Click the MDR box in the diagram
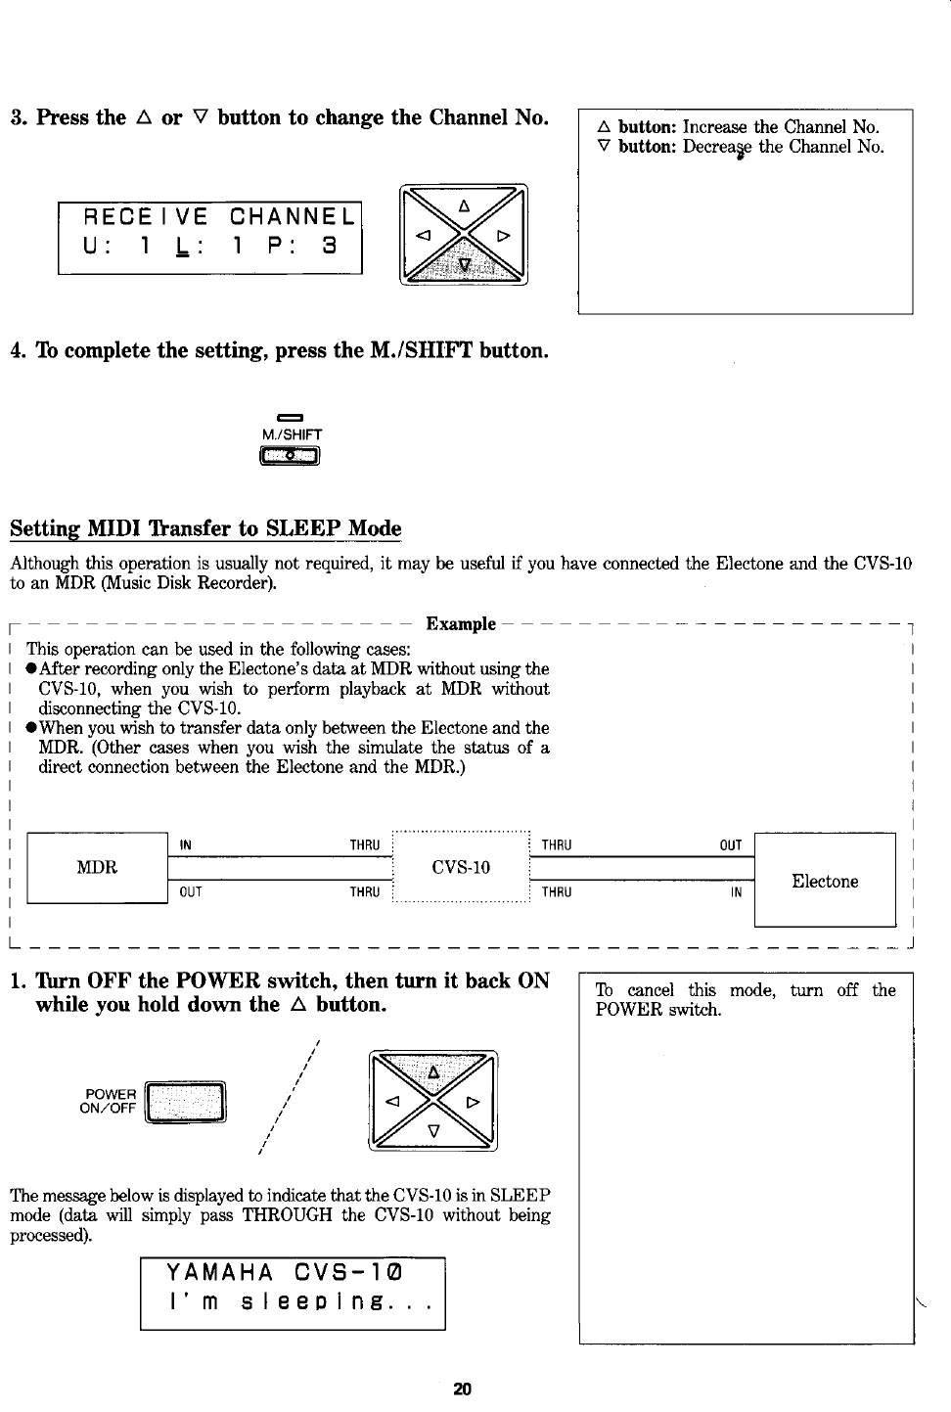point(97,867)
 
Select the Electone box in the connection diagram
point(825,881)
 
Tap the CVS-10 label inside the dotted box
point(460,867)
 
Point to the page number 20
point(463,1389)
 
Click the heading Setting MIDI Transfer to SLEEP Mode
point(205,528)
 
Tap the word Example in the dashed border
point(462,624)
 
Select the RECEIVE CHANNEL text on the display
point(209,215)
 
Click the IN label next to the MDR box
point(186,844)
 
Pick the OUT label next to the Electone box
point(730,844)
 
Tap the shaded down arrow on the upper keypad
point(465,265)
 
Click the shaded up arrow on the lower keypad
point(432,1071)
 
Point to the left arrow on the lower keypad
point(393,1101)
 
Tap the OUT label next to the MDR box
point(191,891)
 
